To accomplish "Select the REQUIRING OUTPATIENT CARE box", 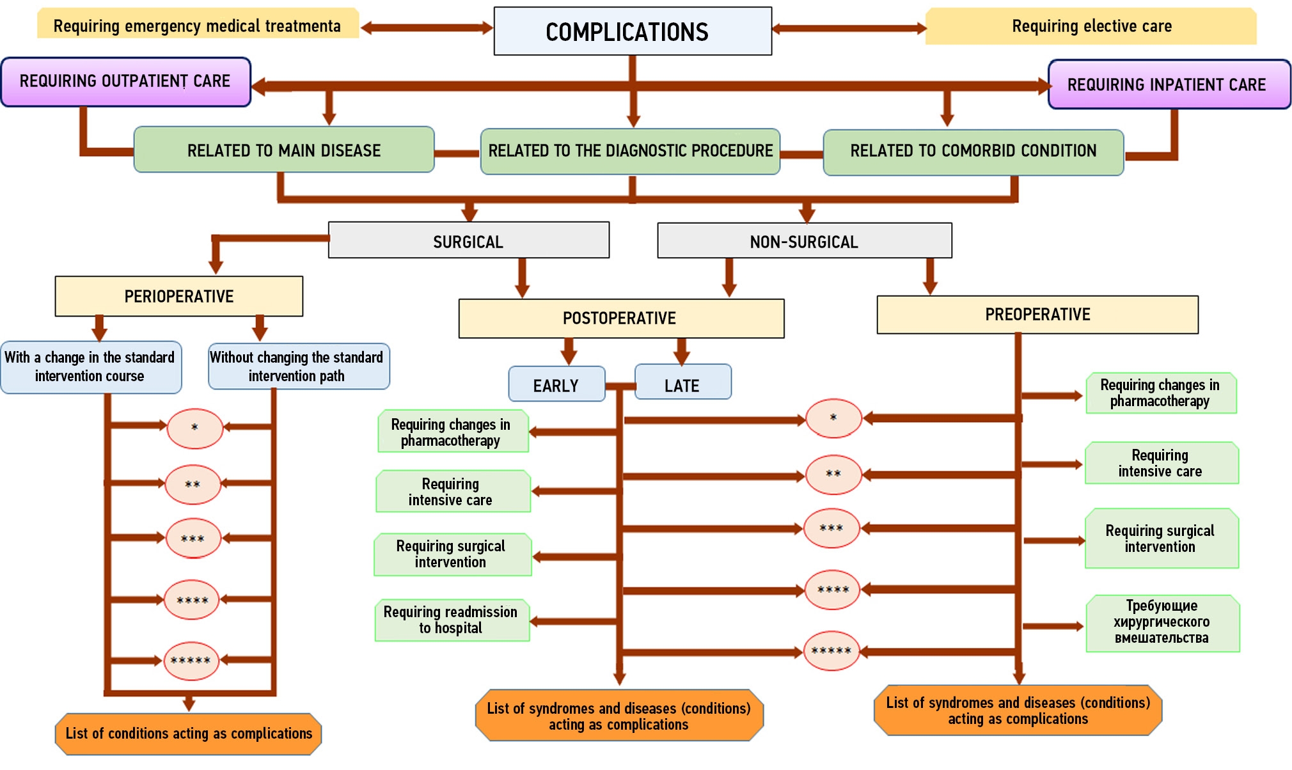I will (125, 82).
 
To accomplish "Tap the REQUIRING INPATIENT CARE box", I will (1169, 84).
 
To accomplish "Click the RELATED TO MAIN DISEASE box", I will (284, 150).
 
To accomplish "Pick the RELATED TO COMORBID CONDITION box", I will (973, 152).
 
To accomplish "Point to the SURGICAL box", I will (468, 240).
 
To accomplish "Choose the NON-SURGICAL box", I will (804, 241).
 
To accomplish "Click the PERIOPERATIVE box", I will (179, 296).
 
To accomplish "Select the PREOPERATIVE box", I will (1037, 315).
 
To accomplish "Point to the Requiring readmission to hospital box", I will (452, 620).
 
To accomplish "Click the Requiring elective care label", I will (1091, 26).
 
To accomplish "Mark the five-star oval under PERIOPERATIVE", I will (191, 661).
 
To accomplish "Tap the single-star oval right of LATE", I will (833, 418).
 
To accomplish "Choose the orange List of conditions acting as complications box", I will (189, 734).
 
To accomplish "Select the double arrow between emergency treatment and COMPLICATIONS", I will (426, 27).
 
